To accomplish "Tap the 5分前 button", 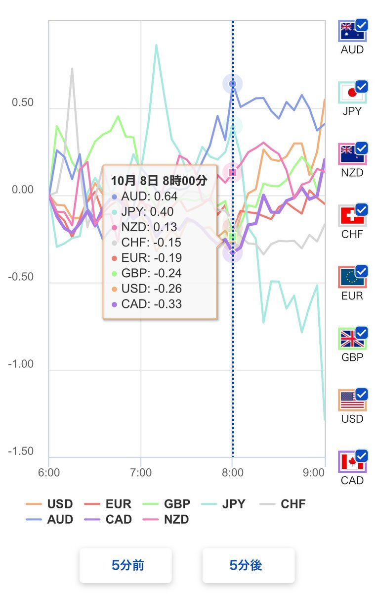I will click(x=126, y=565).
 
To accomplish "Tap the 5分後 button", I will click(x=248, y=565).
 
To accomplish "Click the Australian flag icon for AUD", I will click(x=351, y=32).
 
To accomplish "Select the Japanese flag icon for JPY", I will click(x=351, y=93).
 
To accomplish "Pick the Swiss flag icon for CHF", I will click(x=351, y=216).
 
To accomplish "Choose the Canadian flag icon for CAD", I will click(x=351, y=462).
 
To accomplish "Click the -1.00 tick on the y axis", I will click(x=21, y=364).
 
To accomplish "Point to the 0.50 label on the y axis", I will click(x=23, y=103).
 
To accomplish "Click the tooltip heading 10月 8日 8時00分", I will click(x=159, y=181).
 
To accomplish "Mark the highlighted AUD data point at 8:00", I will click(x=233, y=84).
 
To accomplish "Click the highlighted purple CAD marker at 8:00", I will click(x=233, y=253).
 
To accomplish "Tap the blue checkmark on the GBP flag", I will click(x=362, y=333).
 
